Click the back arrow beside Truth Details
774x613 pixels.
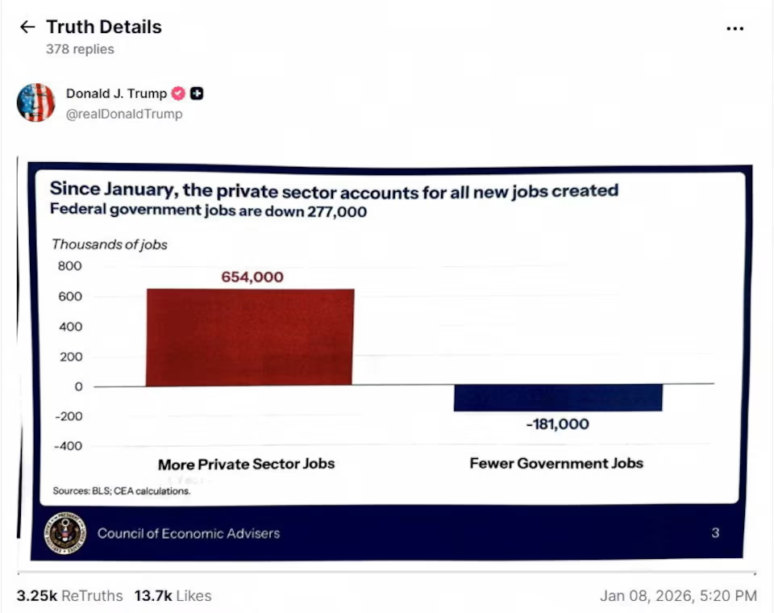click(x=27, y=27)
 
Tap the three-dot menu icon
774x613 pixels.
click(x=734, y=28)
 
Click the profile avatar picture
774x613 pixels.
click(x=36, y=102)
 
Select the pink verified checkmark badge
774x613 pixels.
click(x=178, y=94)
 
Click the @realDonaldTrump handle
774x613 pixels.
click(x=124, y=114)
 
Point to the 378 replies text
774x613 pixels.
click(x=80, y=49)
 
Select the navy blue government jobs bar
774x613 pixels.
click(x=558, y=398)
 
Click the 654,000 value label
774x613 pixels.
click(x=252, y=277)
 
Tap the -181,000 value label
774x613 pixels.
click(x=557, y=424)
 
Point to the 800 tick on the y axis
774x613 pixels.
click(x=69, y=266)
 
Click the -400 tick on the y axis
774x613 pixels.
click(x=68, y=446)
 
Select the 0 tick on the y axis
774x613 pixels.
click(x=77, y=386)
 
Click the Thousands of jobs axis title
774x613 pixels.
click(x=110, y=244)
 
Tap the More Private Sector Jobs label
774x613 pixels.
click(x=246, y=464)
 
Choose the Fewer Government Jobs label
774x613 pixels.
click(x=556, y=463)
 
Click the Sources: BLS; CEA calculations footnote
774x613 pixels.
click(x=122, y=490)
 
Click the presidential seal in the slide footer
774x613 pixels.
click(x=64, y=532)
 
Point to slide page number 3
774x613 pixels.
click(x=715, y=532)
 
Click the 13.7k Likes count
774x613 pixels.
click(x=173, y=596)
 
